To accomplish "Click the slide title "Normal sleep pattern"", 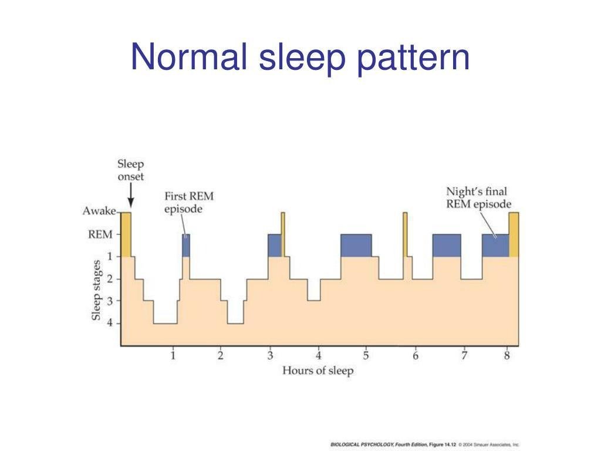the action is [300, 58].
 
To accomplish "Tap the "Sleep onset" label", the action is [131, 170].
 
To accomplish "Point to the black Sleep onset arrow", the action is [131, 195].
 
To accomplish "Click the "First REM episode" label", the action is [189, 203].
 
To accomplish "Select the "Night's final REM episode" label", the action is [478, 197].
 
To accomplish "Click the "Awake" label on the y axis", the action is [99, 211].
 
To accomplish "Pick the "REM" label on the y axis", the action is [100, 234].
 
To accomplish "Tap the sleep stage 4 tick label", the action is [110, 323].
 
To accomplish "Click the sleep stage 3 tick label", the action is [110, 301].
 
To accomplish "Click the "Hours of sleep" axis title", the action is [318, 371].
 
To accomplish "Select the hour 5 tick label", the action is [366, 355].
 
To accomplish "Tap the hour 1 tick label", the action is [173, 355].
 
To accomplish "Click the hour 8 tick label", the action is [507, 355].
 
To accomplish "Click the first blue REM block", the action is [186, 245].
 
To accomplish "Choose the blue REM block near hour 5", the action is [356, 245].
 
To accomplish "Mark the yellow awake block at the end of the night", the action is [514, 234].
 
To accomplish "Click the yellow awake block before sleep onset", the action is [126, 234].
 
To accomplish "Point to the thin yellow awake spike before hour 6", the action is [405, 234].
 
